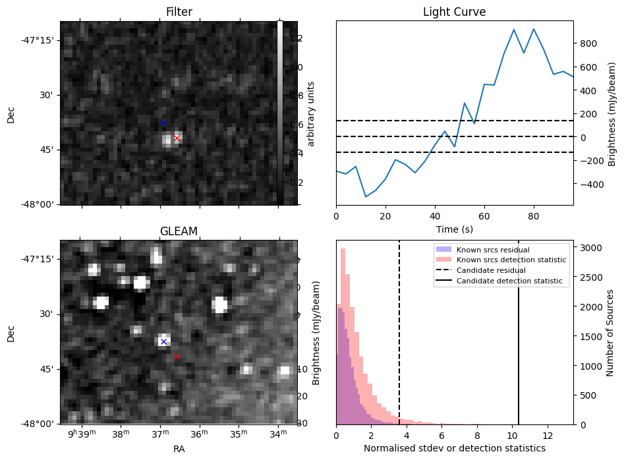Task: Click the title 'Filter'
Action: point(179,12)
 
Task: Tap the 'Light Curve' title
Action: point(454,12)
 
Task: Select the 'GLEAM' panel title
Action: point(179,231)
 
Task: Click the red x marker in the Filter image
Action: point(177,138)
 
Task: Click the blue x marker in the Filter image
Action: point(163,123)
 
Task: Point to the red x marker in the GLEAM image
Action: point(177,357)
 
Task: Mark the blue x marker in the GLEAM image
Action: point(163,341)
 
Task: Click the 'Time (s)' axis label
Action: point(454,229)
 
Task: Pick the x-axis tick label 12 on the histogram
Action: point(547,436)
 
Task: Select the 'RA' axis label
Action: point(179,449)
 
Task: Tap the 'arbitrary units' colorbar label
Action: point(312,113)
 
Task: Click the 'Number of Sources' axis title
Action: point(610,332)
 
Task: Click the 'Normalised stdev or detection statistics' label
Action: point(454,449)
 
